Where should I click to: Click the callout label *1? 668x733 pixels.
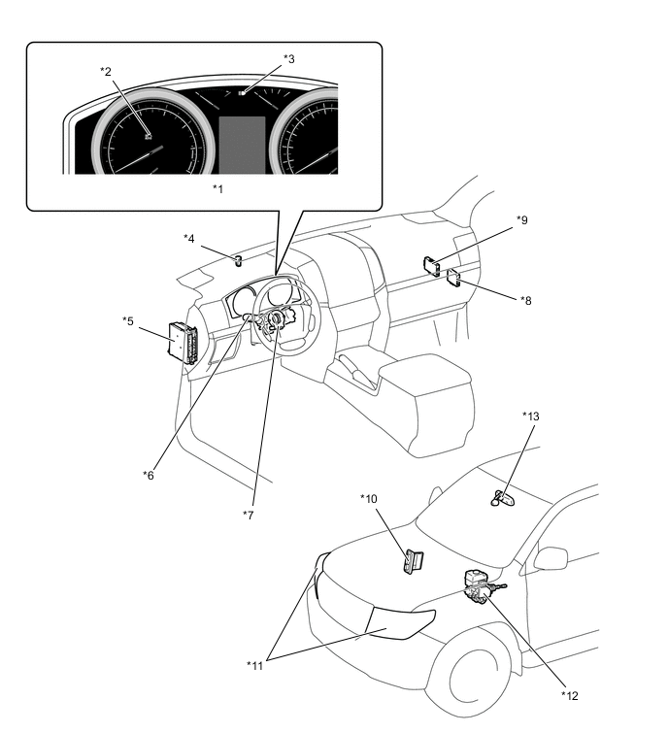217,187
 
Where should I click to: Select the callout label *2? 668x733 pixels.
106,71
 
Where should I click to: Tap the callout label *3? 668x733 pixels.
288,58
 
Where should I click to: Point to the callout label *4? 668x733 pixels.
189,237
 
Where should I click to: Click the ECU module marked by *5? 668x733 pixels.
183,343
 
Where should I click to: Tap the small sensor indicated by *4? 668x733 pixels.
237,258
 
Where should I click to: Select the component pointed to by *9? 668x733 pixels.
431,264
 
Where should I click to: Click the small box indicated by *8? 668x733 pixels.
453,282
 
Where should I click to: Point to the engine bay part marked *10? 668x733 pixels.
413,561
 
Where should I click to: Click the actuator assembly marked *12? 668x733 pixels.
478,585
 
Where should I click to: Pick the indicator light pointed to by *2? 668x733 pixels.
146,137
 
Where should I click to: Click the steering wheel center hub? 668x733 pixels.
277,318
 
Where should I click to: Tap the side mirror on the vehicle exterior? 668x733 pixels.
551,558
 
